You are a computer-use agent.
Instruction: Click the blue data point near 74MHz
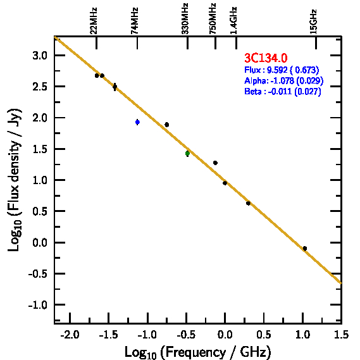(x=137, y=122)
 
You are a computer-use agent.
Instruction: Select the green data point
(x=187, y=153)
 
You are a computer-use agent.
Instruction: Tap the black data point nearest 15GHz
(x=305, y=249)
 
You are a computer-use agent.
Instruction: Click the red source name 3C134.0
(x=266, y=58)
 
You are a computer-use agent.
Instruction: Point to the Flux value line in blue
(x=282, y=70)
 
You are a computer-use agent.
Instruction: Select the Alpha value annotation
(x=284, y=80)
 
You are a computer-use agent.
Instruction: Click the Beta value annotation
(x=282, y=91)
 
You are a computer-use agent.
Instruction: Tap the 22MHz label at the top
(x=94, y=21)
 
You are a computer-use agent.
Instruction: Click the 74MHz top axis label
(x=135, y=21)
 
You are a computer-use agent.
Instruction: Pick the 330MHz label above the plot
(x=185, y=18)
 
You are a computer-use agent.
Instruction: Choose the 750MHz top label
(x=213, y=18)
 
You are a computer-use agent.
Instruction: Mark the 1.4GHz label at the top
(x=233, y=20)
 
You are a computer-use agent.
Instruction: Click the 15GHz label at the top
(x=313, y=22)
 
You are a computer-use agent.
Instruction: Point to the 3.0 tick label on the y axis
(x=40, y=56)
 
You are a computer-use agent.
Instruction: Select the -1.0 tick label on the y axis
(x=38, y=305)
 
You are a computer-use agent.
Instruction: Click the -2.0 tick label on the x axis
(x=70, y=335)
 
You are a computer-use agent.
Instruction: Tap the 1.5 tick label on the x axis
(x=341, y=335)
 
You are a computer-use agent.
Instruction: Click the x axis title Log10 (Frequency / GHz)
(x=198, y=352)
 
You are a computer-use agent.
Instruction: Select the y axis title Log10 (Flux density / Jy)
(x=15, y=180)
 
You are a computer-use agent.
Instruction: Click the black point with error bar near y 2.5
(x=115, y=87)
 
